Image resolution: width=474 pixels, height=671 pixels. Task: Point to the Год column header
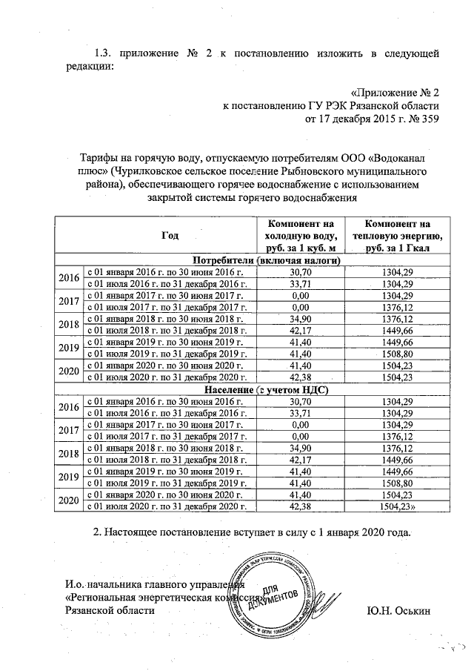170,235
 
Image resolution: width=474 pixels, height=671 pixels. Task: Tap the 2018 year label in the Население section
69,453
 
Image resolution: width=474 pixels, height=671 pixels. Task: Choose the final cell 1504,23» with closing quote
401,506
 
